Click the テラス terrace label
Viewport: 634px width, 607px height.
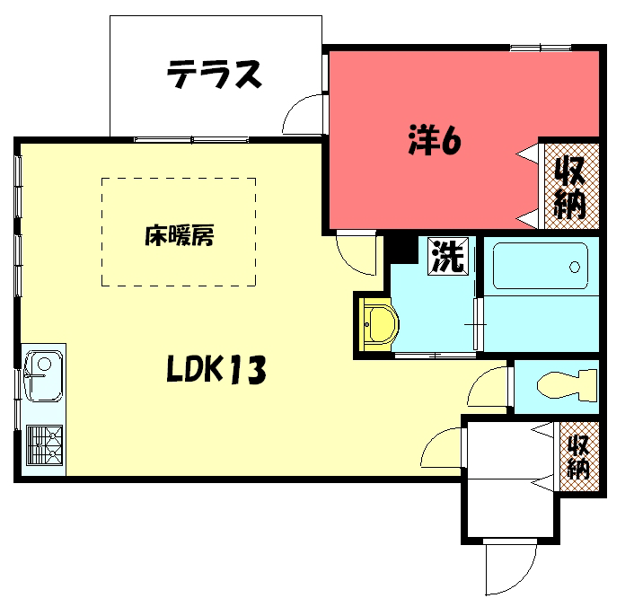click(x=215, y=74)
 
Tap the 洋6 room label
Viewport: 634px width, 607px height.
click(x=435, y=140)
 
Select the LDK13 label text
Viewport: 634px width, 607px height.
click(x=216, y=369)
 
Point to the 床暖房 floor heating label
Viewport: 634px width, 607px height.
click(x=179, y=235)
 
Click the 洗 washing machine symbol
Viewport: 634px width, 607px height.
click(x=448, y=257)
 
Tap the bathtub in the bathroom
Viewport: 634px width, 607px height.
click(x=541, y=266)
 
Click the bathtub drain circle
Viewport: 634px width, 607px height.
click(x=574, y=267)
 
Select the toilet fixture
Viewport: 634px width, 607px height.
click(x=567, y=385)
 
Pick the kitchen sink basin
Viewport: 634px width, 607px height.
click(x=43, y=376)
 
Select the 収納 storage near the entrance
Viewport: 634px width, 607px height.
click(x=579, y=456)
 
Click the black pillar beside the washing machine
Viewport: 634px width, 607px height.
click(x=401, y=249)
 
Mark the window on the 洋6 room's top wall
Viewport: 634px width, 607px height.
click(x=541, y=48)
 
